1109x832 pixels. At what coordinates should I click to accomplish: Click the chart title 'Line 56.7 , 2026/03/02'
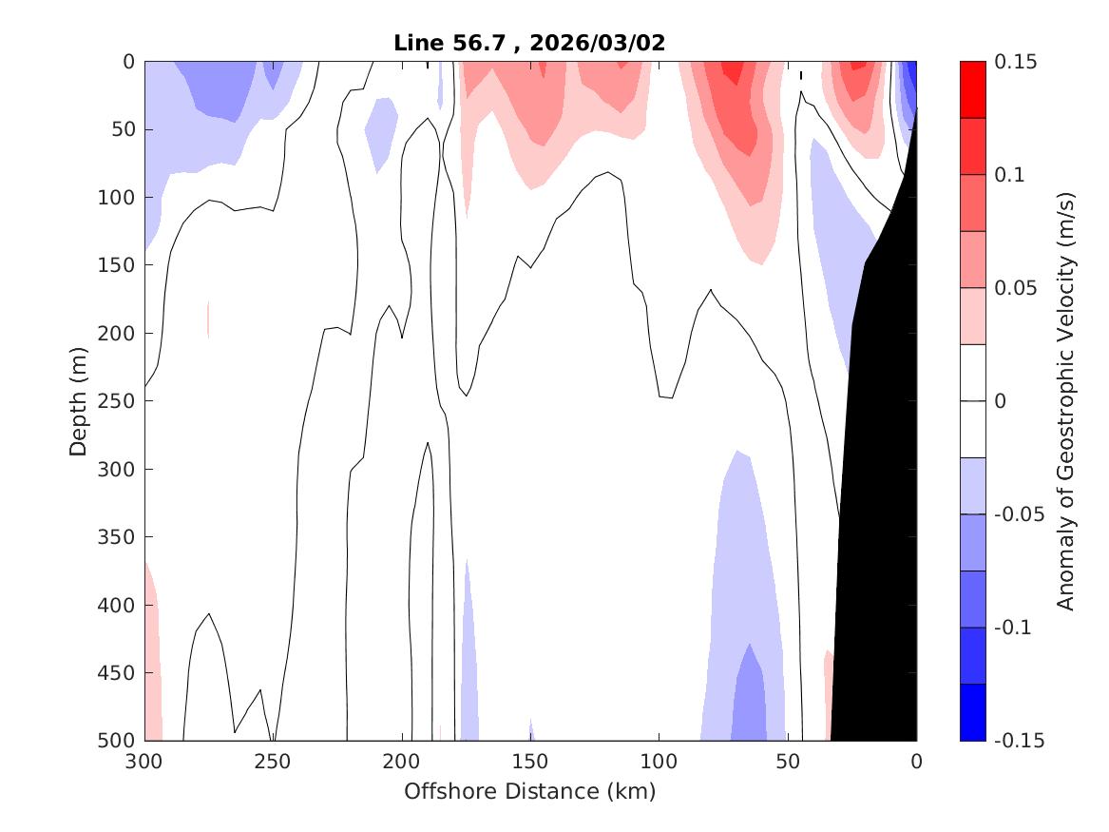pyautogui.click(x=529, y=43)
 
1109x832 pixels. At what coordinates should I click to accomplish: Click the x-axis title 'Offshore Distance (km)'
pyautogui.click(x=529, y=791)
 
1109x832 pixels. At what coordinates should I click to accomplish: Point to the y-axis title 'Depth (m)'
pyautogui.click(x=79, y=401)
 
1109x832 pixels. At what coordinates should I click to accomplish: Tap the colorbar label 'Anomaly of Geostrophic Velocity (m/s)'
pyautogui.click(x=1065, y=401)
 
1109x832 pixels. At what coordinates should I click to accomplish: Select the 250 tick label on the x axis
pyautogui.click(x=273, y=762)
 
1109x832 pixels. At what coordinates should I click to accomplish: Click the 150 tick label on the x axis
pyautogui.click(x=530, y=762)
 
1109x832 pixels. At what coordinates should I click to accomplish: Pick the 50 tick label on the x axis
pyautogui.click(x=788, y=762)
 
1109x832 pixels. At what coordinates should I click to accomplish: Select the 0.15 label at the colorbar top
pyautogui.click(x=1016, y=62)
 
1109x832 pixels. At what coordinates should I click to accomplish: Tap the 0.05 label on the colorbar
pyautogui.click(x=1016, y=288)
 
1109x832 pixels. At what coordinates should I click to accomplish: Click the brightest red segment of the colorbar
pyautogui.click(x=973, y=89)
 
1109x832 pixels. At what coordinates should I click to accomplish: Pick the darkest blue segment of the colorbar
pyautogui.click(x=973, y=712)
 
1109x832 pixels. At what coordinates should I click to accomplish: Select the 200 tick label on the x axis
pyautogui.click(x=402, y=762)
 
